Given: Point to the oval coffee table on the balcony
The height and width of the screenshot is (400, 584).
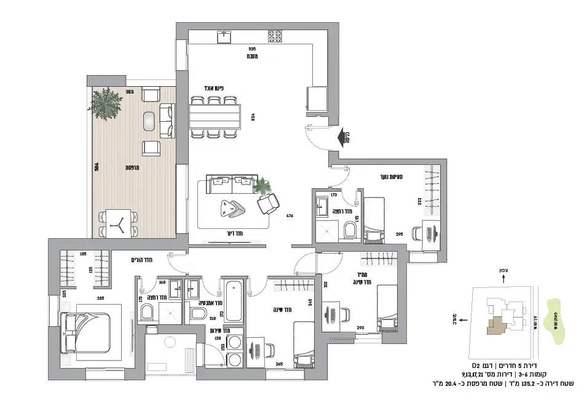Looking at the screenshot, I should tap(149, 121).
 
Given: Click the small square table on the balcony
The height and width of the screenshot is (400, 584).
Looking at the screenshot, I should tap(117, 223).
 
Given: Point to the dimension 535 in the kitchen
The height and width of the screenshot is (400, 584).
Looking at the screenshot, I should tap(252, 48).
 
